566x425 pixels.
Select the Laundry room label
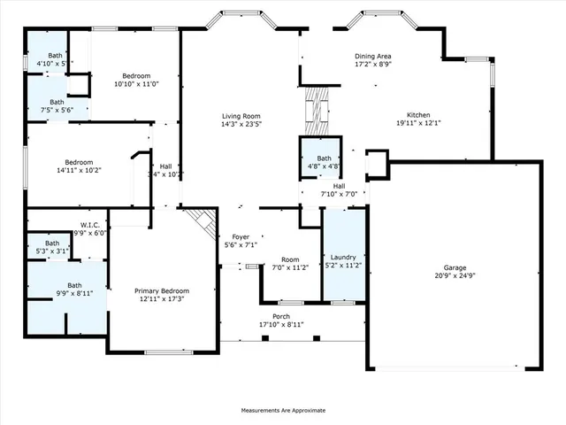[x=343, y=257]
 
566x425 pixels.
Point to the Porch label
[x=281, y=316]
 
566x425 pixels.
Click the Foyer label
[x=240, y=236]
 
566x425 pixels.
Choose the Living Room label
[x=240, y=115]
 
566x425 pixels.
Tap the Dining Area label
[x=373, y=55]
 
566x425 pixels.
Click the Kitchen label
[x=418, y=115]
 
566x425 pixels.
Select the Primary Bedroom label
[x=161, y=290]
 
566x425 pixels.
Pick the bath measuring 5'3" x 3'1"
[x=52, y=243]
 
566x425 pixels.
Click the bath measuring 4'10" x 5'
[x=55, y=55]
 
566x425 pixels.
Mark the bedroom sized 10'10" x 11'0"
[x=136, y=75]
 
